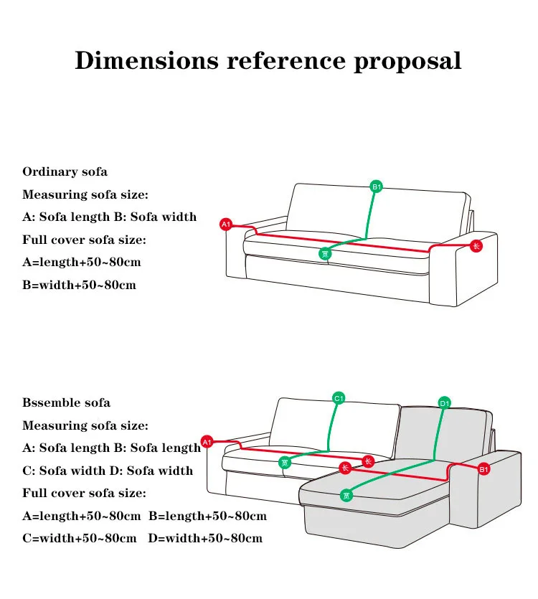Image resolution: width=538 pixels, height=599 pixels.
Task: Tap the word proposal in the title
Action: point(407,62)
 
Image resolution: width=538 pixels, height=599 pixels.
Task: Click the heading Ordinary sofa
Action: point(65,171)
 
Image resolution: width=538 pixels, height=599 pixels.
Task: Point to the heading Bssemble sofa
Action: point(66,402)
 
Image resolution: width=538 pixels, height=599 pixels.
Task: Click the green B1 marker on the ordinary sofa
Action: point(377,187)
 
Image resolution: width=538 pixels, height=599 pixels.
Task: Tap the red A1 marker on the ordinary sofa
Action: point(226,225)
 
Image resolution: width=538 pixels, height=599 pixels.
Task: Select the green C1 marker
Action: point(339,398)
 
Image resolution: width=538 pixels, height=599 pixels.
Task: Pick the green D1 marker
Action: point(445,403)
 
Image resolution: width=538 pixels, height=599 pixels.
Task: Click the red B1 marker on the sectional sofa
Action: point(483,469)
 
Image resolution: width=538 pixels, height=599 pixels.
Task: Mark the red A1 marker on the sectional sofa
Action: point(207,442)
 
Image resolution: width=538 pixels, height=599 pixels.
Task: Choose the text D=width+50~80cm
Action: point(205,538)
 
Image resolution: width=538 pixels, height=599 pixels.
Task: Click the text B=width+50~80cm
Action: point(79,285)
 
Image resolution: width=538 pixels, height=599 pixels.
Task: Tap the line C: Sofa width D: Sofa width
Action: point(108,471)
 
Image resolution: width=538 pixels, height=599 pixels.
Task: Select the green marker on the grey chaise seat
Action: point(346,495)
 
